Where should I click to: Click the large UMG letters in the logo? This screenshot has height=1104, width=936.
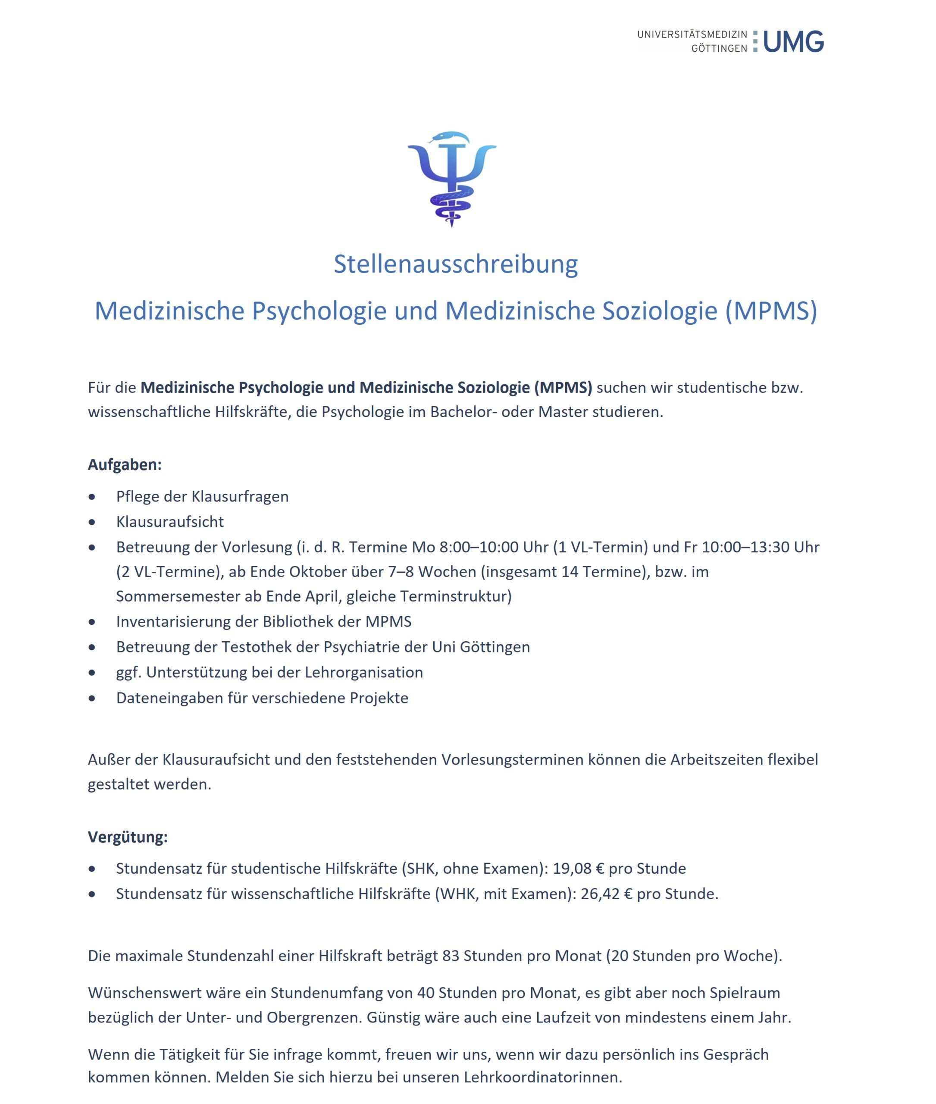793,41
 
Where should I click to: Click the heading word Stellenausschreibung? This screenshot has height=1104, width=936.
455,264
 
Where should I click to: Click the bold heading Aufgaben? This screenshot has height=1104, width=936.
125,464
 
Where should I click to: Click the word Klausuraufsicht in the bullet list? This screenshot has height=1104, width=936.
170,522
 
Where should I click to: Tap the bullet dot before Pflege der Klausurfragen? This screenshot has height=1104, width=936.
92,497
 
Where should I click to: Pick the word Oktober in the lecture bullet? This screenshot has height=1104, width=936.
310,572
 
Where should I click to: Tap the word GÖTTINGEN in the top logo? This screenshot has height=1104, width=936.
719,48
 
